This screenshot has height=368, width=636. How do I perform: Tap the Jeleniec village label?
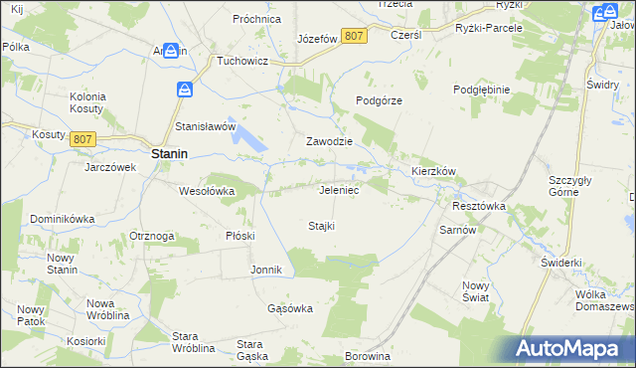click(339, 189)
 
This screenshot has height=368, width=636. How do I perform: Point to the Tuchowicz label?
click(244, 60)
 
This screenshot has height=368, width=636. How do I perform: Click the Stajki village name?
click(321, 226)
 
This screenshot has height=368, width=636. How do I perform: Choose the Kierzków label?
click(433, 171)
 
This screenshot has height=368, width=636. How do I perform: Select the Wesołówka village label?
click(207, 191)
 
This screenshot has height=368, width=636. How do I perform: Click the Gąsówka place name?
click(290, 308)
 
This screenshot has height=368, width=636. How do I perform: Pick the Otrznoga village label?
click(152, 236)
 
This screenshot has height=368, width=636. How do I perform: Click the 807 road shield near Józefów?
click(353, 36)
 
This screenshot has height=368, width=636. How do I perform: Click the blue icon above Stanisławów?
click(185, 90)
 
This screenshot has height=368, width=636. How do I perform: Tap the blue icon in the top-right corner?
click(600, 13)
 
